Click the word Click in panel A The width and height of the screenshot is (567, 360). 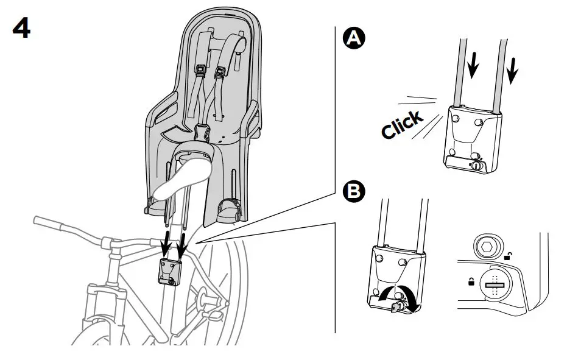tap(402, 124)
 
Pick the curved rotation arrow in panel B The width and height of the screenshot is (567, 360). tap(396, 298)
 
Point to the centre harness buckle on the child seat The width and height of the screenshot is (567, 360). tap(200, 130)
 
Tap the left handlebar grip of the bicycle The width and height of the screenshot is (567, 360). tap(46, 219)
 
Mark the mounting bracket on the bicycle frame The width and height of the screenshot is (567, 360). tap(169, 271)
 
